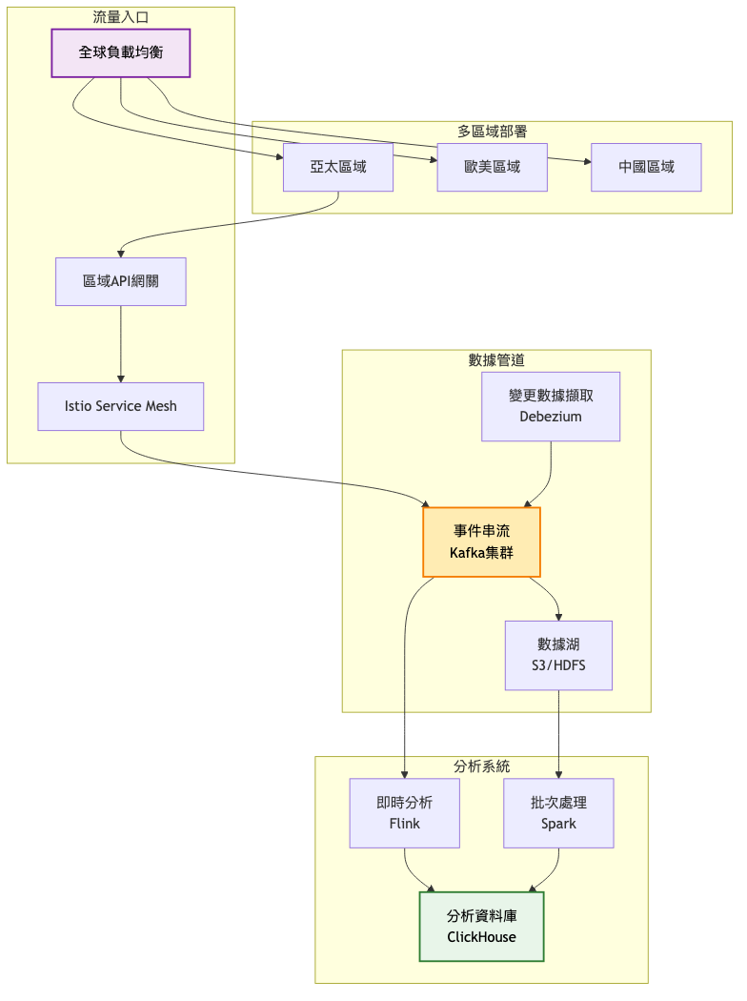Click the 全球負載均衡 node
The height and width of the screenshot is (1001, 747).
click(x=121, y=52)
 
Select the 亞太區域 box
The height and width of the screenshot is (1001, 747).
click(x=338, y=167)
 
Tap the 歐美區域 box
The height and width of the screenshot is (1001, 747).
click(x=493, y=167)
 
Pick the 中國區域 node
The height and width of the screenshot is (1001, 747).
click(x=646, y=167)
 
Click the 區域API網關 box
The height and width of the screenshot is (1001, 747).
click(x=121, y=281)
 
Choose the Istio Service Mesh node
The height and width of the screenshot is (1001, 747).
click(x=121, y=406)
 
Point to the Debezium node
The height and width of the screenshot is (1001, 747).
click(x=551, y=406)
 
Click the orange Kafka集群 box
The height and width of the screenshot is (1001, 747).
click(x=481, y=542)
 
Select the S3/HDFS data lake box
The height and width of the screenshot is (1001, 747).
click(x=558, y=656)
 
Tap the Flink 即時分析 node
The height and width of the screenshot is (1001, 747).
click(x=405, y=813)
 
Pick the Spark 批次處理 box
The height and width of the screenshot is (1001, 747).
click(x=558, y=813)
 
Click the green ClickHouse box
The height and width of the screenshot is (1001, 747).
click(x=481, y=927)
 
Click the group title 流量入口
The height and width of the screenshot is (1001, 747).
click(x=121, y=17)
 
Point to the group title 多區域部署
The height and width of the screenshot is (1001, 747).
click(x=493, y=132)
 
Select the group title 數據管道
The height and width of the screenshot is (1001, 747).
click(x=496, y=360)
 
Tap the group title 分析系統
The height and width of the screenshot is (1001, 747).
click(x=482, y=766)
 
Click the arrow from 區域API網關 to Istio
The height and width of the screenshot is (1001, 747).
click(x=121, y=343)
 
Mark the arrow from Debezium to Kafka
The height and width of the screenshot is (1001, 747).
click(x=550, y=477)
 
